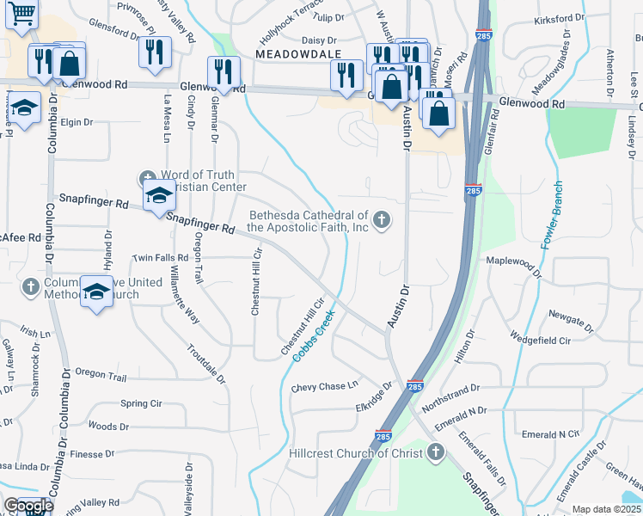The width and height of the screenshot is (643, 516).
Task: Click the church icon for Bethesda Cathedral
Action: click(x=381, y=221)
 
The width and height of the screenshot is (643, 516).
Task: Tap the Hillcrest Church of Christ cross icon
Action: click(x=436, y=451)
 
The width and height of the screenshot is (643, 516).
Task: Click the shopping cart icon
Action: click(x=22, y=15)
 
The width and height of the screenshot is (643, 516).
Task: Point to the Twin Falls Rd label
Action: click(x=160, y=258)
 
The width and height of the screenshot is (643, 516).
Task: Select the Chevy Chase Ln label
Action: click(x=323, y=387)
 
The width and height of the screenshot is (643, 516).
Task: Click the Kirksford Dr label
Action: click(x=559, y=19)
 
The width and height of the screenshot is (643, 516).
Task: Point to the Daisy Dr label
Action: click(x=318, y=40)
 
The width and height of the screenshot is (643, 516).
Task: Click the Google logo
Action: click(x=28, y=506)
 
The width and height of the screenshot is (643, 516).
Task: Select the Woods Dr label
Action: click(x=108, y=426)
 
